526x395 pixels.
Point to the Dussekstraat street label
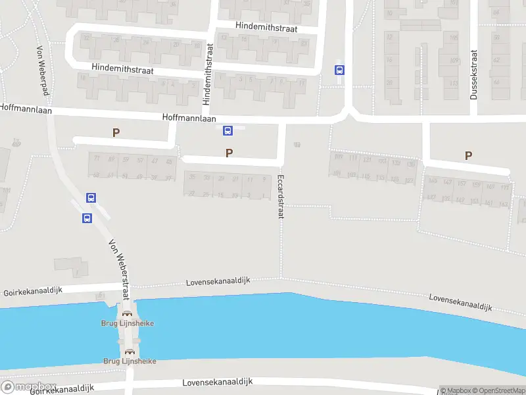(x=473, y=75)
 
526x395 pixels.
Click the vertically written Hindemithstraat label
(x=208, y=74)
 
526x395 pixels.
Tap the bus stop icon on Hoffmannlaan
(x=227, y=130)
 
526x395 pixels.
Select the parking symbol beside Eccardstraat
(x=229, y=153)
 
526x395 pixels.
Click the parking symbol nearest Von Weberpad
(x=116, y=132)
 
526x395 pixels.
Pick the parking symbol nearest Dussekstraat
(x=468, y=155)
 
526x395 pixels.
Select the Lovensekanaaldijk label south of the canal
(x=217, y=382)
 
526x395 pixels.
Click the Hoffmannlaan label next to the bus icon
(x=189, y=118)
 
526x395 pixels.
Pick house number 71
(x=97, y=159)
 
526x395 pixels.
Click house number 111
(x=354, y=159)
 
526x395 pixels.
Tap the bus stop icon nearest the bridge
(x=87, y=219)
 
